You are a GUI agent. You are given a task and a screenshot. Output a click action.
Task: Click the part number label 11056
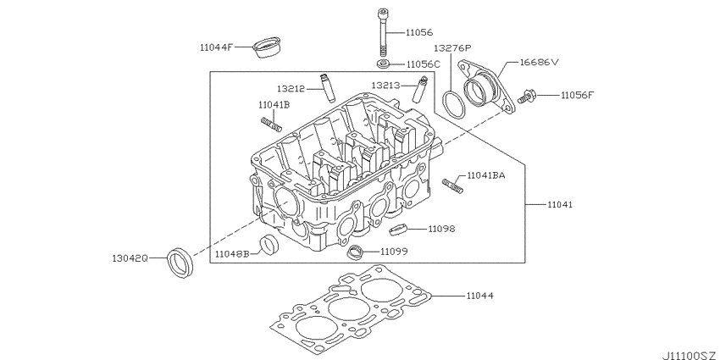(418, 32)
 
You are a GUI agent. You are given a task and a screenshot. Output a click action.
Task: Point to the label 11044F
(217, 47)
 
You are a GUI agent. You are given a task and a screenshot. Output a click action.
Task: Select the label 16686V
(539, 62)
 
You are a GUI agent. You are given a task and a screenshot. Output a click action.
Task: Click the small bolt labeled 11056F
(526, 97)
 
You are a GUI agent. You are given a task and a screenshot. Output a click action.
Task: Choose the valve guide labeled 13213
(420, 91)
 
